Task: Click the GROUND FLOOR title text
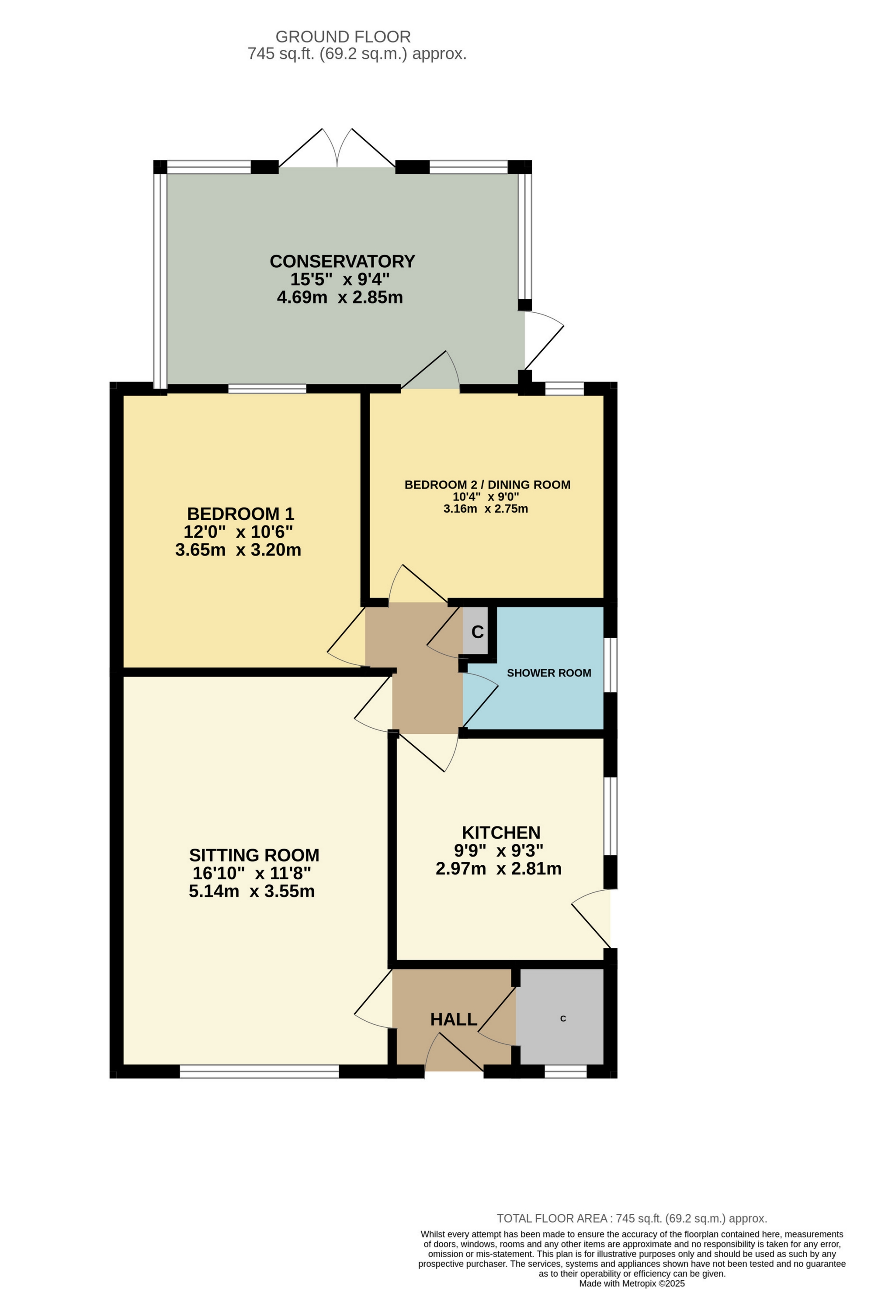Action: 343,37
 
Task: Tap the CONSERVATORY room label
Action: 342,261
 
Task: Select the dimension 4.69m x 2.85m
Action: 340,297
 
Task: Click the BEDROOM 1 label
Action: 240,514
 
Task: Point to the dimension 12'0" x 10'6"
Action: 238,532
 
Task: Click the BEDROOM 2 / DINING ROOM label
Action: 487,485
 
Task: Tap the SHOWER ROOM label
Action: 549,673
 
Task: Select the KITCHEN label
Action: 500,833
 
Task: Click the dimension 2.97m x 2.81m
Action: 498,868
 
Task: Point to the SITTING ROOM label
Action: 254,855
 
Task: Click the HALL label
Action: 453,1019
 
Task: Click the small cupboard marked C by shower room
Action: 476,632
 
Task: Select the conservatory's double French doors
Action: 337,150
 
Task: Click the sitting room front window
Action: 259,1071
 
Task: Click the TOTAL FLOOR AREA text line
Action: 632,1219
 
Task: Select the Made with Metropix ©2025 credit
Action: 632,1283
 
